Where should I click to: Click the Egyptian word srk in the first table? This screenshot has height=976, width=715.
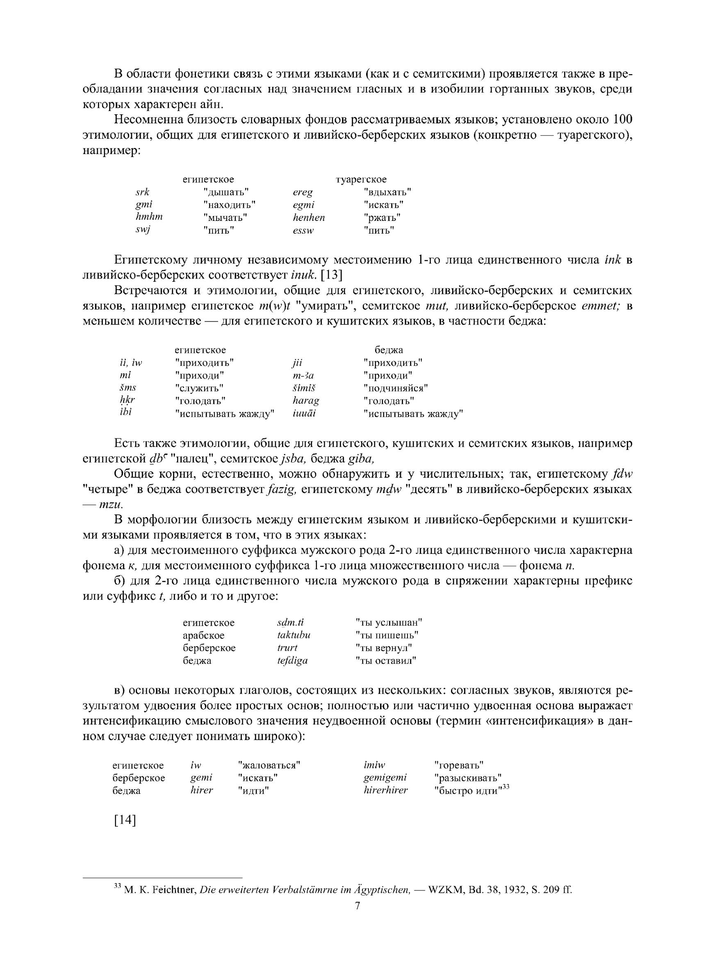[x=142, y=192]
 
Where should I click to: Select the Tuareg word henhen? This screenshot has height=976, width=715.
[x=309, y=218]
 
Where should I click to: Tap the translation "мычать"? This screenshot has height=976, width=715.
[x=225, y=218]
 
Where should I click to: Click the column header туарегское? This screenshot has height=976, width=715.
[x=361, y=179]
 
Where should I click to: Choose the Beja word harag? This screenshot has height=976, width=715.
[x=306, y=400]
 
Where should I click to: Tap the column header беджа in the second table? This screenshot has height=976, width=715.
[x=389, y=350]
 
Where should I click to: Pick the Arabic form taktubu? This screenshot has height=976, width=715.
[x=294, y=635]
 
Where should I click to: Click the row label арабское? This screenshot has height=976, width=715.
[x=203, y=635]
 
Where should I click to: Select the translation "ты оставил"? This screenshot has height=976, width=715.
[x=386, y=661]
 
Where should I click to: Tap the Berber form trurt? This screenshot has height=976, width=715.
[x=287, y=648]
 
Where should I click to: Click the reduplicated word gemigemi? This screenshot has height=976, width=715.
[x=385, y=778]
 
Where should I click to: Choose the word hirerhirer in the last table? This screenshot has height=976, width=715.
[x=386, y=790]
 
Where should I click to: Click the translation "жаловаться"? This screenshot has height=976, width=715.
[x=269, y=765]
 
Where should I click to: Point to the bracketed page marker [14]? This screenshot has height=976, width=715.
[x=125, y=820]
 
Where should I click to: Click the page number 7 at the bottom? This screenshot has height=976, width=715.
[x=357, y=906]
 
